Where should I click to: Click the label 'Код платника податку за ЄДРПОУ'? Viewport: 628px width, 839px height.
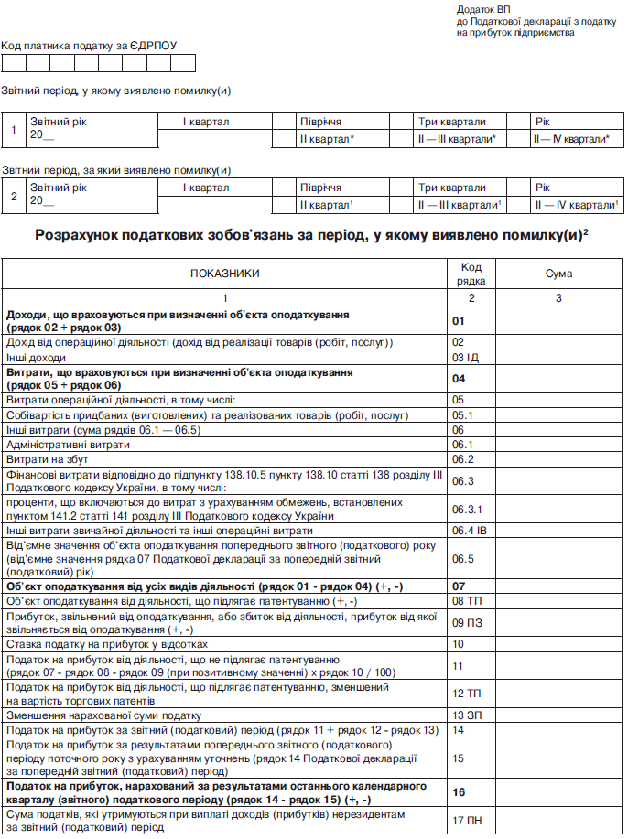(x=89, y=45)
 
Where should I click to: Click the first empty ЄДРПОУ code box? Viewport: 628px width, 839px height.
(x=14, y=63)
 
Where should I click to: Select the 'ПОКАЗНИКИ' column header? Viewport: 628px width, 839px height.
(x=224, y=273)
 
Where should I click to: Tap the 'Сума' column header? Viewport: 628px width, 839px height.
(x=558, y=273)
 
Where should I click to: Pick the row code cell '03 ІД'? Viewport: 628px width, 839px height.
(x=466, y=357)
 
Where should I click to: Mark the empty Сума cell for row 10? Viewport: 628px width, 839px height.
(x=558, y=643)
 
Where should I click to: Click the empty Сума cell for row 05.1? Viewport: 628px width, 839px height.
(x=558, y=414)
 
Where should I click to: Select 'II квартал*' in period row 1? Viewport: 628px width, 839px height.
(x=327, y=139)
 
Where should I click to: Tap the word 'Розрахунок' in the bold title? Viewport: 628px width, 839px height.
(x=80, y=235)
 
